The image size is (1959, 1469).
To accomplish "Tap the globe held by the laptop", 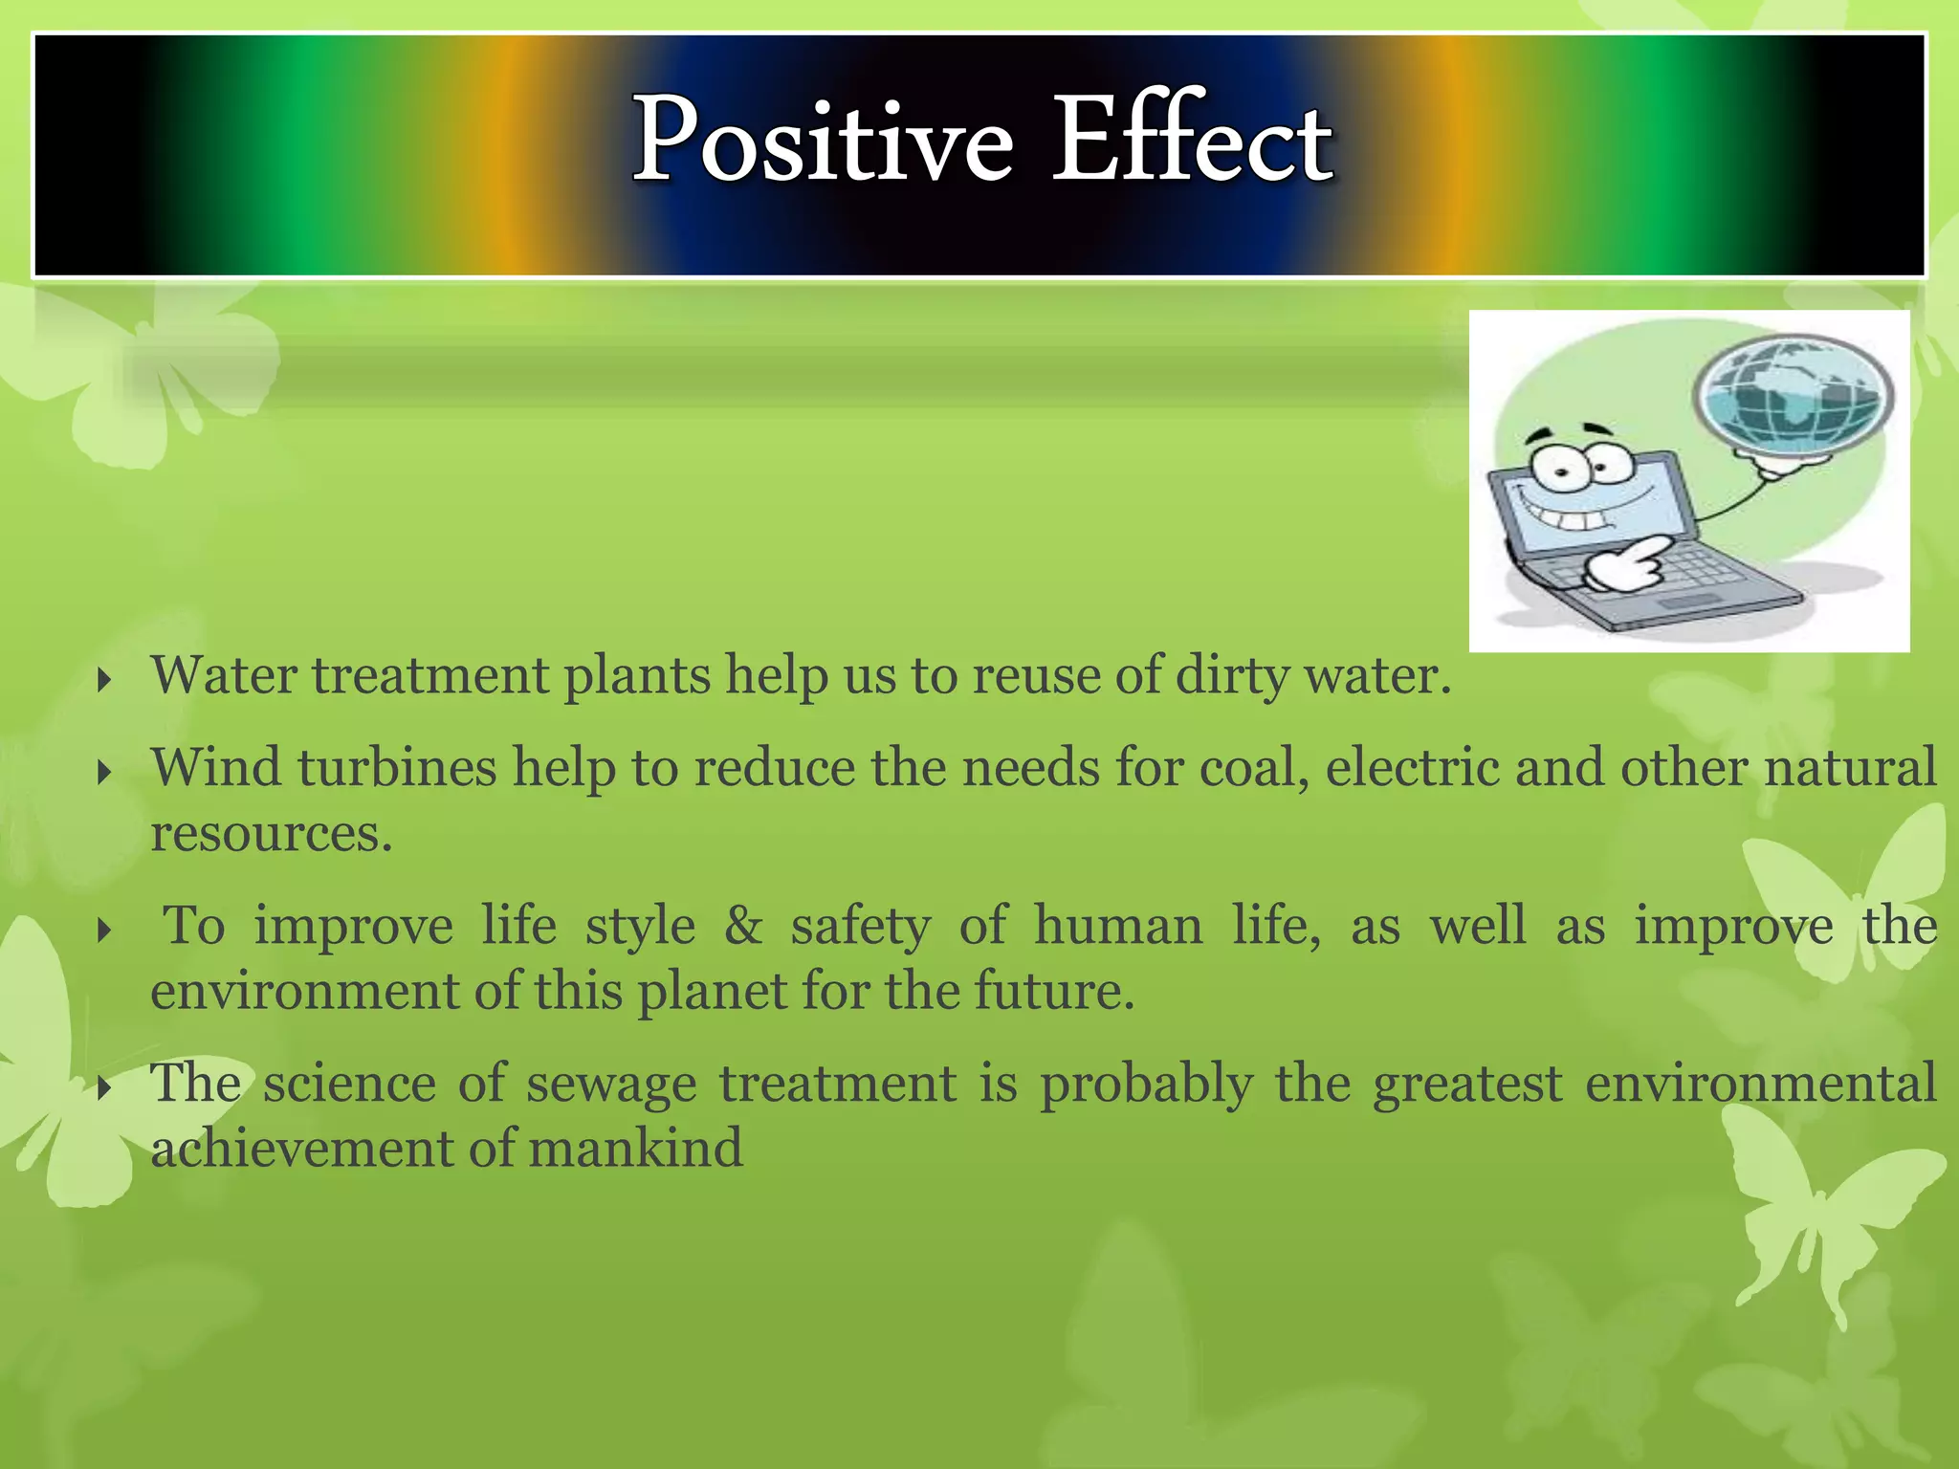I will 1793,395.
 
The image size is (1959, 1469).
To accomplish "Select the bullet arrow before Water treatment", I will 105,681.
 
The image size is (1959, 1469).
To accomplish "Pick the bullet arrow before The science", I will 105,1087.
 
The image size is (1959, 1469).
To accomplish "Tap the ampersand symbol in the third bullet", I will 743,926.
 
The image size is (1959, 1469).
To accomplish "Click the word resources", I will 271,833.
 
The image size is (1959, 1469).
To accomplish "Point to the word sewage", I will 611,1085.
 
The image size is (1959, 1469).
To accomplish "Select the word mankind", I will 635,1148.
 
